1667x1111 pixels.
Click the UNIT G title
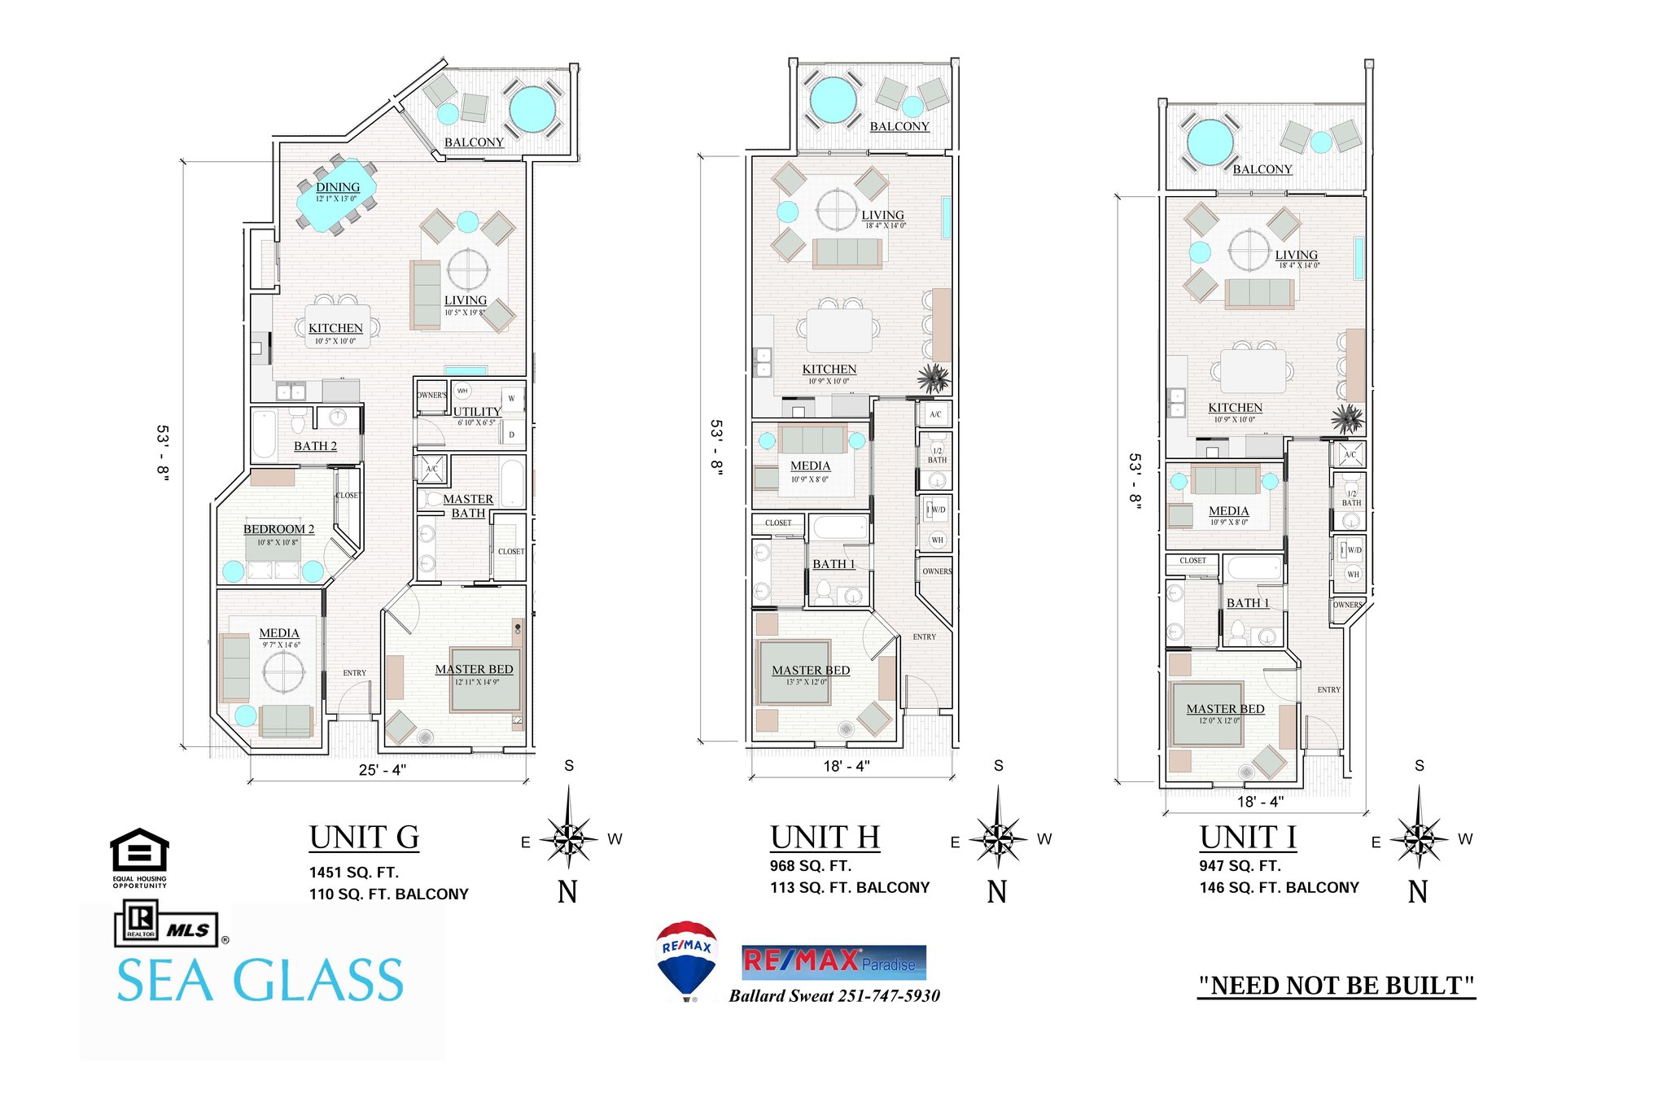pyautogui.click(x=364, y=838)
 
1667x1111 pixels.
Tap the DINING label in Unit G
pyautogui.click(x=338, y=187)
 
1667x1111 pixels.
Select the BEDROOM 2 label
pyautogui.click(x=278, y=529)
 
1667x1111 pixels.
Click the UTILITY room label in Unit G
pyautogui.click(x=477, y=412)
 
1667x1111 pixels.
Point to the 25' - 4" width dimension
pyautogui.click(x=383, y=770)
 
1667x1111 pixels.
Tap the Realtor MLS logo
pyautogui.click(x=167, y=926)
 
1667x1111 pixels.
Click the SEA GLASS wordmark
pyautogui.click(x=260, y=981)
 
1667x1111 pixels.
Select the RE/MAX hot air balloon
pyautogui.click(x=686, y=959)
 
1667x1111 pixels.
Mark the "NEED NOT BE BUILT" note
pyautogui.click(x=1336, y=986)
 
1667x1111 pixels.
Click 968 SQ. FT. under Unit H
pyautogui.click(x=810, y=866)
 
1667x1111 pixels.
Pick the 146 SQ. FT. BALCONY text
pyautogui.click(x=1279, y=888)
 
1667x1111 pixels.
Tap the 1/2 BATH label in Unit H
pyautogui.click(x=937, y=455)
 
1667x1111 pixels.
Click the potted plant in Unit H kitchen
pyautogui.click(x=934, y=378)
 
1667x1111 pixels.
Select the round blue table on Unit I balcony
pyautogui.click(x=1210, y=142)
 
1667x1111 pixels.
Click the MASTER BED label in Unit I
pyautogui.click(x=1225, y=709)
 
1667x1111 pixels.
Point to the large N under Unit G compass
pyautogui.click(x=567, y=893)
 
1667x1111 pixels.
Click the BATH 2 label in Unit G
pyautogui.click(x=315, y=446)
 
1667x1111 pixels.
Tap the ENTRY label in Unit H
pyautogui.click(x=924, y=637)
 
